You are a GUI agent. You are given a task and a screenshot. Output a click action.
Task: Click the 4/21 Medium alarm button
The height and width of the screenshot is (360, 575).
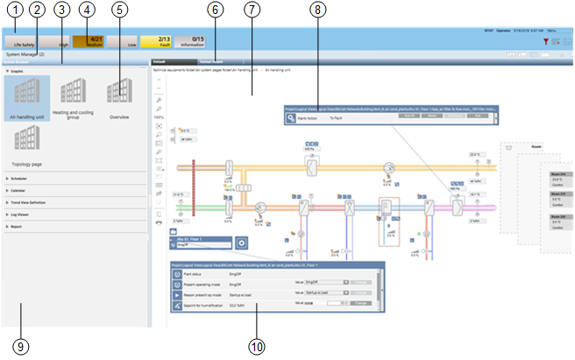pyautogui.click(x=88, y=40)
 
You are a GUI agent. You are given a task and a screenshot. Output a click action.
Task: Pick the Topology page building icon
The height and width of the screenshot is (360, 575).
pyautogui.click(x=26, y=142)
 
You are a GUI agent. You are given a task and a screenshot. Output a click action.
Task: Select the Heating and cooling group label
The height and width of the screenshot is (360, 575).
pyautogui.click(x=75, y=115)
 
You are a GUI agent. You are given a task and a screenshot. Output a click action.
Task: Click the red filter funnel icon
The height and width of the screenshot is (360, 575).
pyautogui.click(x=545, y=41)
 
